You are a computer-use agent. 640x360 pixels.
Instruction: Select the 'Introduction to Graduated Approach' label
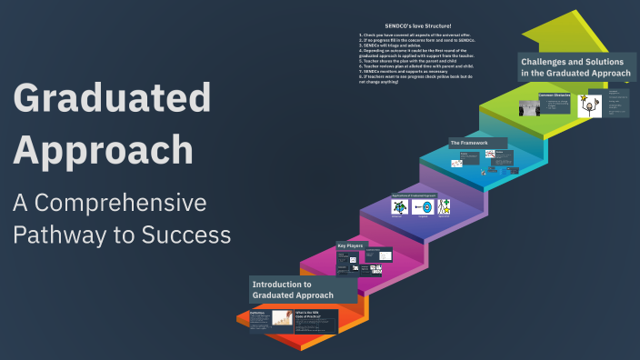click(293, 290)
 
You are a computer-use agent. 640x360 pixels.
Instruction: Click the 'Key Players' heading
click(352, 245)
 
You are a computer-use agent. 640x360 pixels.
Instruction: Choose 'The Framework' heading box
click(470, 143)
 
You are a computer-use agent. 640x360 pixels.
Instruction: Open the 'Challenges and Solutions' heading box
click(576, 67)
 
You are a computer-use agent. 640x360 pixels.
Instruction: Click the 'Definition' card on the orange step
click(269, 318)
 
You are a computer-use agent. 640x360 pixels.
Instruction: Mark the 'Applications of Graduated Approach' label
click(421, 195)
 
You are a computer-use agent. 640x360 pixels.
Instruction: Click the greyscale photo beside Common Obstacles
click(527, 108)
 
